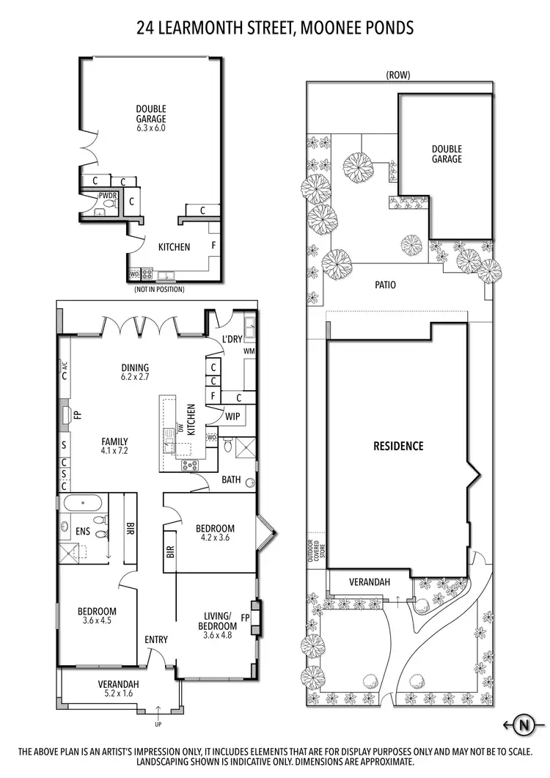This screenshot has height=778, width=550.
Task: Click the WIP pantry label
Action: point(233,416)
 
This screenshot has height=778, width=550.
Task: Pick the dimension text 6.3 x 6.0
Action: point(150,128)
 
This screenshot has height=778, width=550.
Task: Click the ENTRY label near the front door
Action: point(155,639)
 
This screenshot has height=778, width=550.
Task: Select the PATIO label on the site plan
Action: point(385,285)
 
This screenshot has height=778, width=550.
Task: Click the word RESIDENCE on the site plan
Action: point(398,445)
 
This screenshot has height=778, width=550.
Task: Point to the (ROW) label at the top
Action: point(398,75)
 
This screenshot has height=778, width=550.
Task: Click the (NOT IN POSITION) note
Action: point(159,289)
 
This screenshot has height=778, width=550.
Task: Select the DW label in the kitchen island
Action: point(179,427)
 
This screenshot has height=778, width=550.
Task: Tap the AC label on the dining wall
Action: point(65,366)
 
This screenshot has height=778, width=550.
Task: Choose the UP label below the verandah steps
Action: point(158,724)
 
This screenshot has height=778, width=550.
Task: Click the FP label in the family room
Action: point(77,414)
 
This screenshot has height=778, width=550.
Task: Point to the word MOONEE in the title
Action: point(320,28)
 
